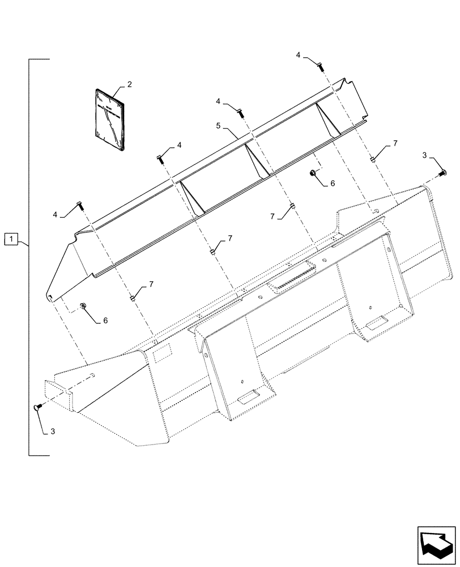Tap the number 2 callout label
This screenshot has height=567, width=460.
point(129,84)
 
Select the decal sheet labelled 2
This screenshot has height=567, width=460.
point(111,120)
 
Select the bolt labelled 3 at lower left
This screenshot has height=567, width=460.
point(37,407)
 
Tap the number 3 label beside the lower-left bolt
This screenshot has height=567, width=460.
point(52,432)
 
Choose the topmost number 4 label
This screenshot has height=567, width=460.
point(298,54)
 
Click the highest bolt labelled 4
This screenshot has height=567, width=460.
point(321,66)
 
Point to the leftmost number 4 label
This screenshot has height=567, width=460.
point(56,215)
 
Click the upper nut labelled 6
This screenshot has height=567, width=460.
point(313,172)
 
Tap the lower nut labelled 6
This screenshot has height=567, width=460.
point(83,306)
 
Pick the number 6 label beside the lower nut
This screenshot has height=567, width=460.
point(105,320)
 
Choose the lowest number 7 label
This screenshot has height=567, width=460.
point(151,283)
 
